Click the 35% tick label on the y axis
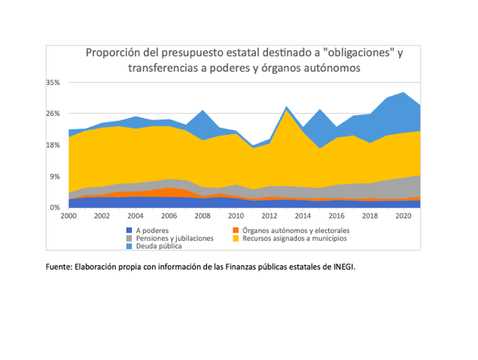[53, 82]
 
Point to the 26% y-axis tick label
[53, 114]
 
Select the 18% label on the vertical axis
[53, 145]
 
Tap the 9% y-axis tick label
[55, 176]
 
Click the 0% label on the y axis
[55, 208]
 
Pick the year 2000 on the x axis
[69, 215]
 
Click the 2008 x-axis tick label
[202, 215]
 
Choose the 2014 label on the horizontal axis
[303, 215]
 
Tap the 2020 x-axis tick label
[403, 215]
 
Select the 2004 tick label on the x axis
[135, 215]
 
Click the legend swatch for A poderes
[129, 230]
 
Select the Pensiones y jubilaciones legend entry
[175, 238]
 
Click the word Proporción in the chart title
[113, 53]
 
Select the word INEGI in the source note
[340, 266]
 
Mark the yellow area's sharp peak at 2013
[286, 111]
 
